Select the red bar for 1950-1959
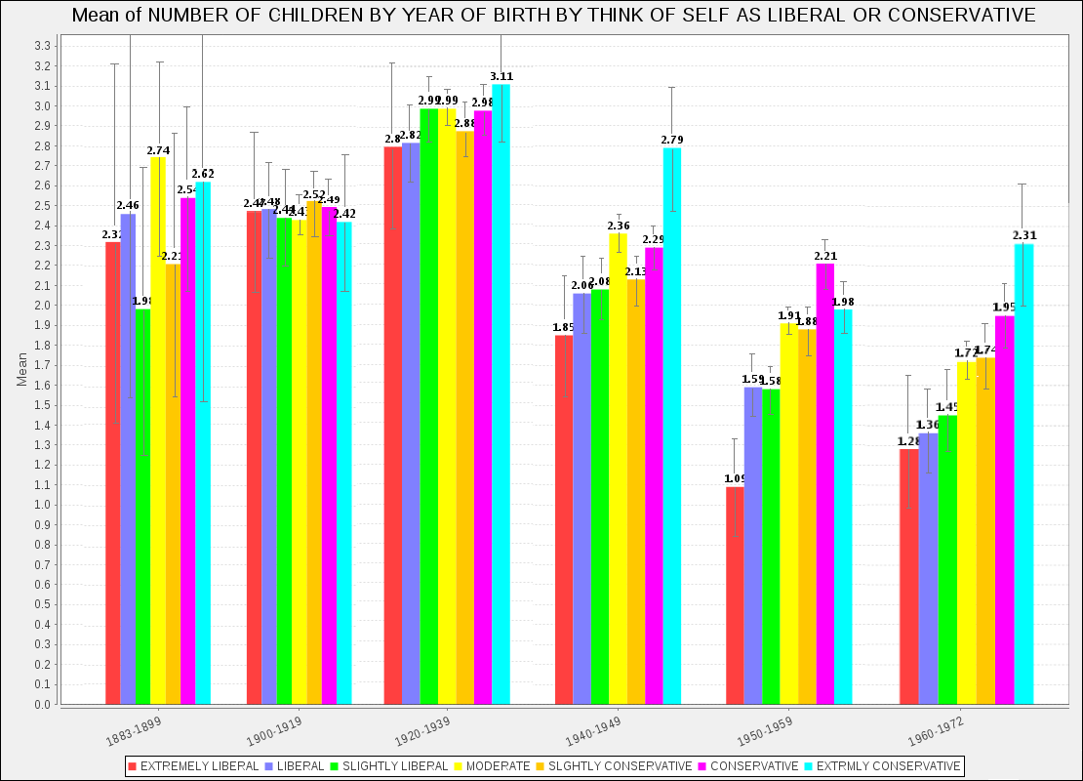tap(735, 596)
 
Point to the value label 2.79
tap(672, 140)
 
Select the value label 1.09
tap(735, 478)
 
